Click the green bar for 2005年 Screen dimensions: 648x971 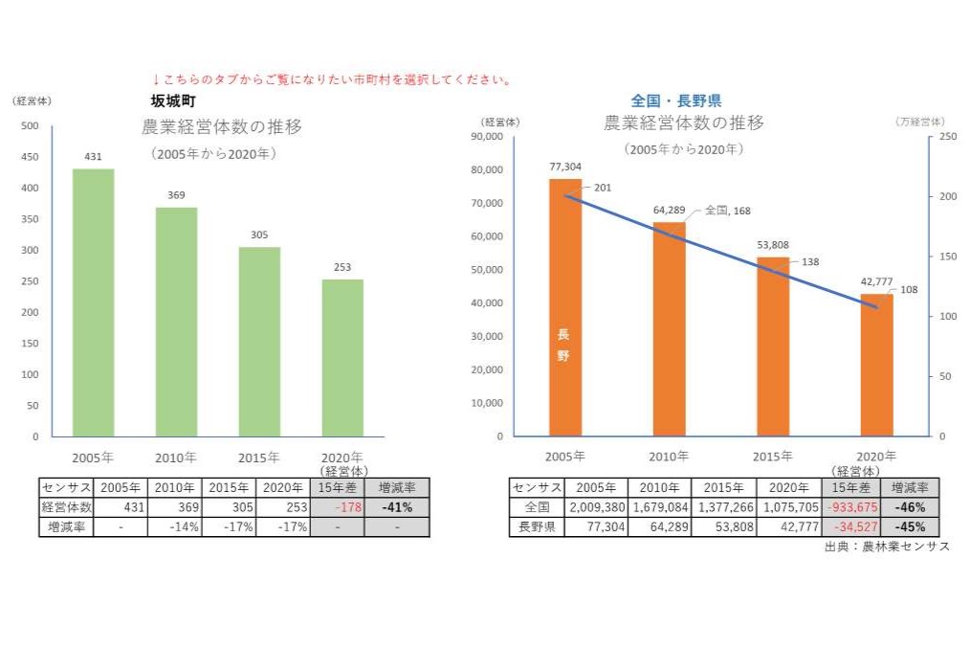[x=94, y=302]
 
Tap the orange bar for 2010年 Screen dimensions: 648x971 [x=669, y=329]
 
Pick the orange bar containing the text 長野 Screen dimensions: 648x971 [x=564, y=307]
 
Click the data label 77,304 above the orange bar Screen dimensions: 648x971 [x=565, y=166]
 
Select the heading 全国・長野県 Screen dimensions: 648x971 [x=675, y=101]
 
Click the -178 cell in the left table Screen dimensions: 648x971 [x=338, y=507]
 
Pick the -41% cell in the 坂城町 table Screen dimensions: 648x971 [x=396, y=507]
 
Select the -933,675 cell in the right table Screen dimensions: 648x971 [x=856, y=507]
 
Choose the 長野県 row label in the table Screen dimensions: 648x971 [x=536, y=526]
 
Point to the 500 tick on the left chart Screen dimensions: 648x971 [x=30, y=126]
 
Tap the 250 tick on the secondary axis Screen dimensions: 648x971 [x=947, y=137]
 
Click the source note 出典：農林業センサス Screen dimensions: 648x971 [x=886, y=547]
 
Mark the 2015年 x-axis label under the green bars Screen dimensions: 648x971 [x=258, y=457]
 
